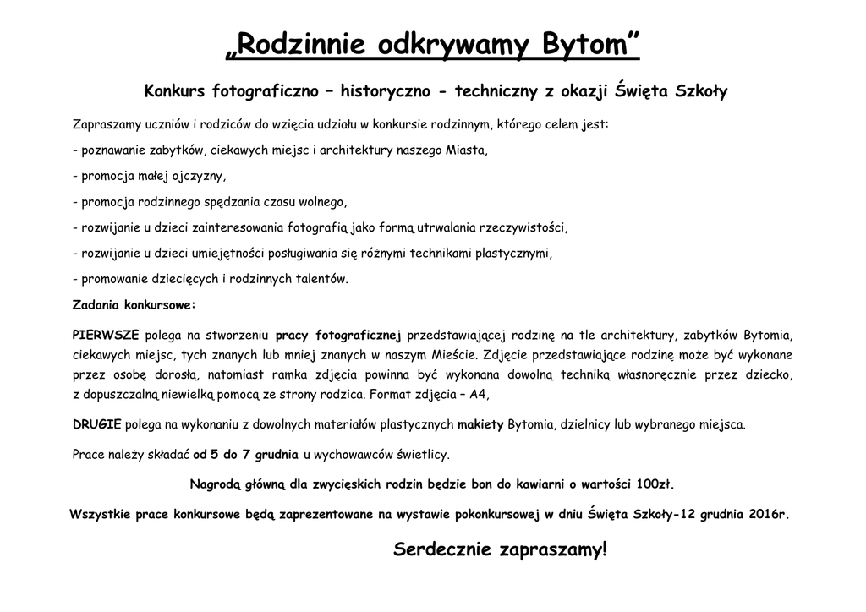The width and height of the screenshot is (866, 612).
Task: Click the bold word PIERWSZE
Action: pyautogui.click(x=106, y=333)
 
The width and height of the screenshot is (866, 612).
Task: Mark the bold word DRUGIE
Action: pyautogui.click(x=97, y=424)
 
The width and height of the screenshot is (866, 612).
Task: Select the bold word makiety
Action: pyautogui.click(x=480, y=424)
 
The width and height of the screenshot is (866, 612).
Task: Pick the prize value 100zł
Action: pyautogui.click(x=655, y=485)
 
